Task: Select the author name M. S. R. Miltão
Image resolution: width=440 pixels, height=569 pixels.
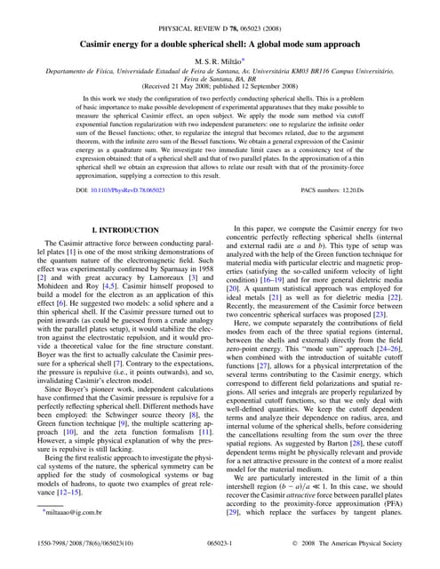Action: [x=220, y=60]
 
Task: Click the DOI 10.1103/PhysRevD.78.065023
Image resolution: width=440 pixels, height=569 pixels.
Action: [x=121, y=191]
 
